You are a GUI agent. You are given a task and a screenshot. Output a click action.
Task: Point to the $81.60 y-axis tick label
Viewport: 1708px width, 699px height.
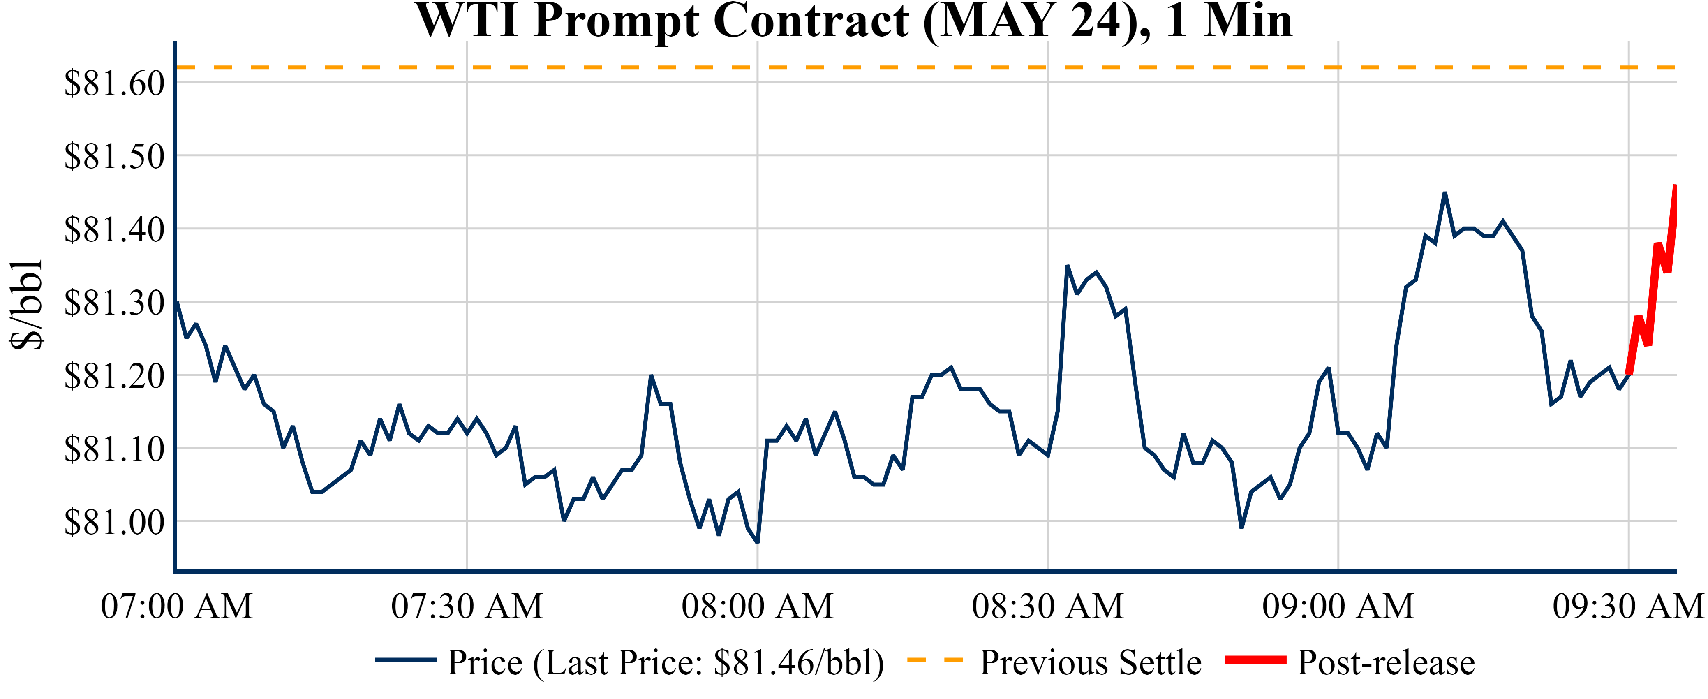pyautogui.click(x=114, y=83)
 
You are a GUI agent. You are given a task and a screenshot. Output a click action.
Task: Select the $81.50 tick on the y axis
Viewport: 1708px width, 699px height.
pyautogui.click(x=114, y=157)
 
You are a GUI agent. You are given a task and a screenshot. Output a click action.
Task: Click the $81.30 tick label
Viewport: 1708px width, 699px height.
pyautogui.click(x=114, y=303)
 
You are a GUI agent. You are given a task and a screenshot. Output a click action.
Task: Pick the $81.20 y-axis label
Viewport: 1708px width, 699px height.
pyautogui.click(x=114, y=376)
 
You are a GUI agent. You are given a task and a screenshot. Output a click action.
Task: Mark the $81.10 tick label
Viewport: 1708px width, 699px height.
pyautogui.click(x=114, y=449)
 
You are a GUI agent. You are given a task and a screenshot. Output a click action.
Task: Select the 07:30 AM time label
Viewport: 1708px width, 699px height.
pyautogui.click(x=467, y=606)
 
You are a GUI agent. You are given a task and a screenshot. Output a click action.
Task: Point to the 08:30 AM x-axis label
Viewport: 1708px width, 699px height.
pyautogui.click(x=1047, y=606)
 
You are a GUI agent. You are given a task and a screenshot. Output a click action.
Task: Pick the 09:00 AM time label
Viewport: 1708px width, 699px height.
pyautogui.click(x=1338, y=606)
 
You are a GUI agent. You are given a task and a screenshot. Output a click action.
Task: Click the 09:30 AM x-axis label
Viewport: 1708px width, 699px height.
pyautogui.click(x=1628, y=606)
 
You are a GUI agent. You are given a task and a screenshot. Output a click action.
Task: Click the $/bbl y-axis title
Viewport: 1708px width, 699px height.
pyautogui.click(x=27, y=304)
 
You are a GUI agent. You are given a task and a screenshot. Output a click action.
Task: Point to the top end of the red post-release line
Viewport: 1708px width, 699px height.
pyautogui.click(x=1676, y=186)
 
